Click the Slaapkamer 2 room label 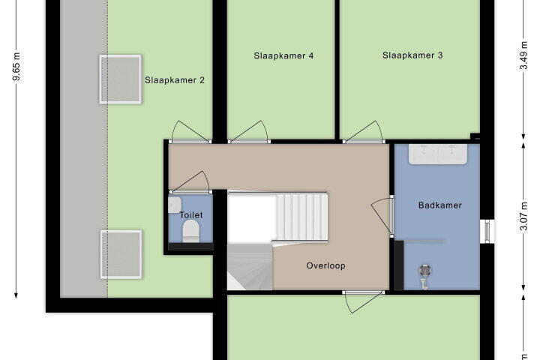pos(175,80)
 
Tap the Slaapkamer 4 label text pos(283,55)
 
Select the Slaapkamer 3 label pos(412,55)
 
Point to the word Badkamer pos(439,205)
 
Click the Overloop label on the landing pos(325,265)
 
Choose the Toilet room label pos(191,215)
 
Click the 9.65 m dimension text pos(16,67)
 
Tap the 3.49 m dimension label pos(523,55)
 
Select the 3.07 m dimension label pos(523,216)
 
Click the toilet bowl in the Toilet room pos(190,231)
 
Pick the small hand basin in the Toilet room pos(175,205)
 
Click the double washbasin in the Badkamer pos(438,154)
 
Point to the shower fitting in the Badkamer pos(425,275)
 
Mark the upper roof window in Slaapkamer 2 pos(121,79)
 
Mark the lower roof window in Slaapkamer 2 pos(121,254)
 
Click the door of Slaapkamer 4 pos(249,132)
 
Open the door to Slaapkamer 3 pos(363,132)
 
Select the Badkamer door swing pos(382,216)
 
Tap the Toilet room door pos(190,182)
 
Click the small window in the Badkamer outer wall pos(487,231)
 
